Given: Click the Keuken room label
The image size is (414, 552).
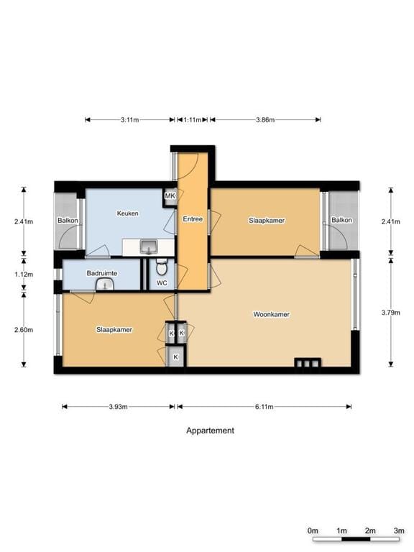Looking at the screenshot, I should (x=127, y=213).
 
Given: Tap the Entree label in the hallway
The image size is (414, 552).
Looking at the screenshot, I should (x=193, y=218).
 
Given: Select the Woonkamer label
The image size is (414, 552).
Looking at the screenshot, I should (x=271, y=315).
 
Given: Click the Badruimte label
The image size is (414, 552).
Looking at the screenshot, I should (x=101, y=273).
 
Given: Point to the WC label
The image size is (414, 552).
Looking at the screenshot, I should (x=162, y=283).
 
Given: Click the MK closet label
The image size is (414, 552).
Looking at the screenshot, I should (x=170, y=196).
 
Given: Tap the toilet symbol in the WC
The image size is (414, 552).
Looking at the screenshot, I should (x=162, y=269).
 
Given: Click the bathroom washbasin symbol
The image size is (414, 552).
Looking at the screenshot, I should (x=106, y=285).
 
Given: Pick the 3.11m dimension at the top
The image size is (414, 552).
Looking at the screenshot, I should (x=129, y=120).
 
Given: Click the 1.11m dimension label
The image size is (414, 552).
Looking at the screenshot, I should (x=192, y=120).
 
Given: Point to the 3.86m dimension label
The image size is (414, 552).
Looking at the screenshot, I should (x=265, y=120).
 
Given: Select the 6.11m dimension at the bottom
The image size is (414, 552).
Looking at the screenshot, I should (x=264, y=407).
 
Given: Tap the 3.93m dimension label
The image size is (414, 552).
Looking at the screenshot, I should (x=118, y=407).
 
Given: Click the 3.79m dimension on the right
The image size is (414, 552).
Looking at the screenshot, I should (x=391, y=312).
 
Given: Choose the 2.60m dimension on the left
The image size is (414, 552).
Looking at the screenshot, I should (x=24, y=330).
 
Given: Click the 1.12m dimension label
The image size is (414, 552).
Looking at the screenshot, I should (x=24, y=274).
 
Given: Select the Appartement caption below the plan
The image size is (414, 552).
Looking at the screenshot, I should (x=210, y=431).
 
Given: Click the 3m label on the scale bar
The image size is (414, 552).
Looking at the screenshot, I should (x=398, y=530).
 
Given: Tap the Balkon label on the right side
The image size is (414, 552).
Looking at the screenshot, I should (x=341, y=220).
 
